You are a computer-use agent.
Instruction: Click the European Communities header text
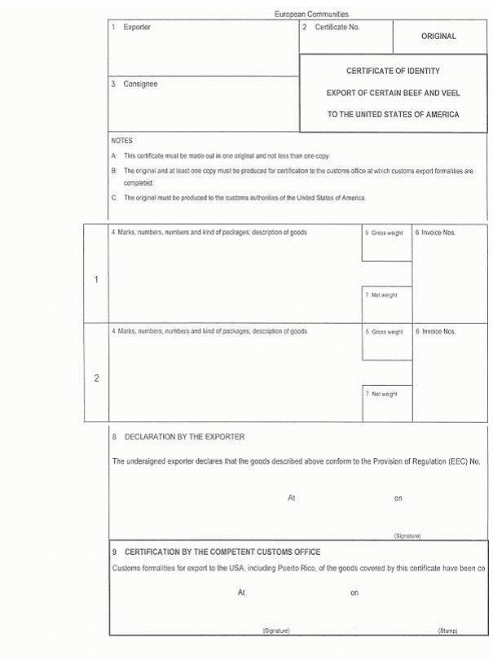(311, 15)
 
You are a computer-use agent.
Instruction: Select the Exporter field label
(137, 28)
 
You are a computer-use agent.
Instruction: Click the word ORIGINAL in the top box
(438, 37)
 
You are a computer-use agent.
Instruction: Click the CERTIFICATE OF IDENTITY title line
(393, 72)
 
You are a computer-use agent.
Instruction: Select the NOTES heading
(121, 141)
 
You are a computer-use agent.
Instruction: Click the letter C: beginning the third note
(114, 198)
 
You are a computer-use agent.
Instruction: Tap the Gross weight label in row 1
(387, 234)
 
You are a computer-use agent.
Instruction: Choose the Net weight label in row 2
(384, 394)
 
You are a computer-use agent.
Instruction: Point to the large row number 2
(96, 378)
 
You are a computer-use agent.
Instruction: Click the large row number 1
(96, 280)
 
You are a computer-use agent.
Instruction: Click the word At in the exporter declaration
(291, 498)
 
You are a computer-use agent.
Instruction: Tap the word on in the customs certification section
(354, 593)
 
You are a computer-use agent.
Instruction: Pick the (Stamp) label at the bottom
(447, 631)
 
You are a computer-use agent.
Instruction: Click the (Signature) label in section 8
(407, 536)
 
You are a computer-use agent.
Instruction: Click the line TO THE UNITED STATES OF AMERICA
(393, 115)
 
